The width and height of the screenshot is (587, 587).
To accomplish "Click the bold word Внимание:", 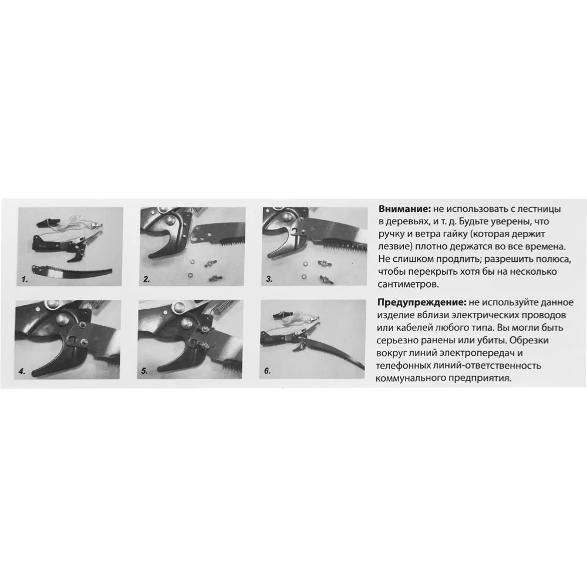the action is (404, 209).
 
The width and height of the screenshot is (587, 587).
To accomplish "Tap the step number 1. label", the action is (25, 279).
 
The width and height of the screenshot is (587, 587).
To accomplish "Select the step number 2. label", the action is (147, 279).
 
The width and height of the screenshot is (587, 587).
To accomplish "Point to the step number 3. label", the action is (269, 279).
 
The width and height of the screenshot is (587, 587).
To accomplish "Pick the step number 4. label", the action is (22, 372).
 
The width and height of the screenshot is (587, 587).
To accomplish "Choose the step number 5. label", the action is (144, 372).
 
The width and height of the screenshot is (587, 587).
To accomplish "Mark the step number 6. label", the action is (267, 371).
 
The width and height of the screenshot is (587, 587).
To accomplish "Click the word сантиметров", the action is (409, 285).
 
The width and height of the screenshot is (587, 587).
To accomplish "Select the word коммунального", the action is (410, 379).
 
